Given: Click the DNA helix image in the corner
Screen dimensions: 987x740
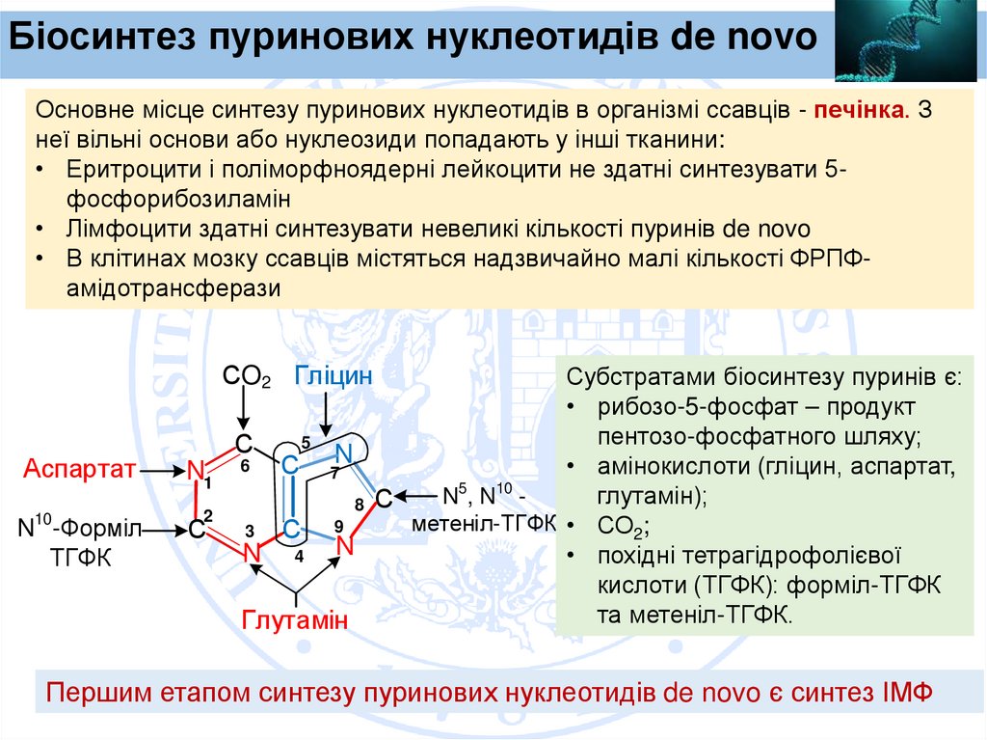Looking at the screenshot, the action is pos(909,41).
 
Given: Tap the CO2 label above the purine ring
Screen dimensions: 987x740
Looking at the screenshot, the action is pos(246,377).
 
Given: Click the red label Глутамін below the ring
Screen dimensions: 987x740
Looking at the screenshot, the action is pos(294,619).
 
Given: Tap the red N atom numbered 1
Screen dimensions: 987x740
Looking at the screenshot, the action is pos(197,471).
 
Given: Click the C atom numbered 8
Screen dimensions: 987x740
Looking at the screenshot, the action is pos(383,499).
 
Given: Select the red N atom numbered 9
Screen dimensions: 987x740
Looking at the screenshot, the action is pos(344,544).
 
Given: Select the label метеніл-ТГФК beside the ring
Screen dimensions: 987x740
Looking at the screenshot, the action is pos(485,523).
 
